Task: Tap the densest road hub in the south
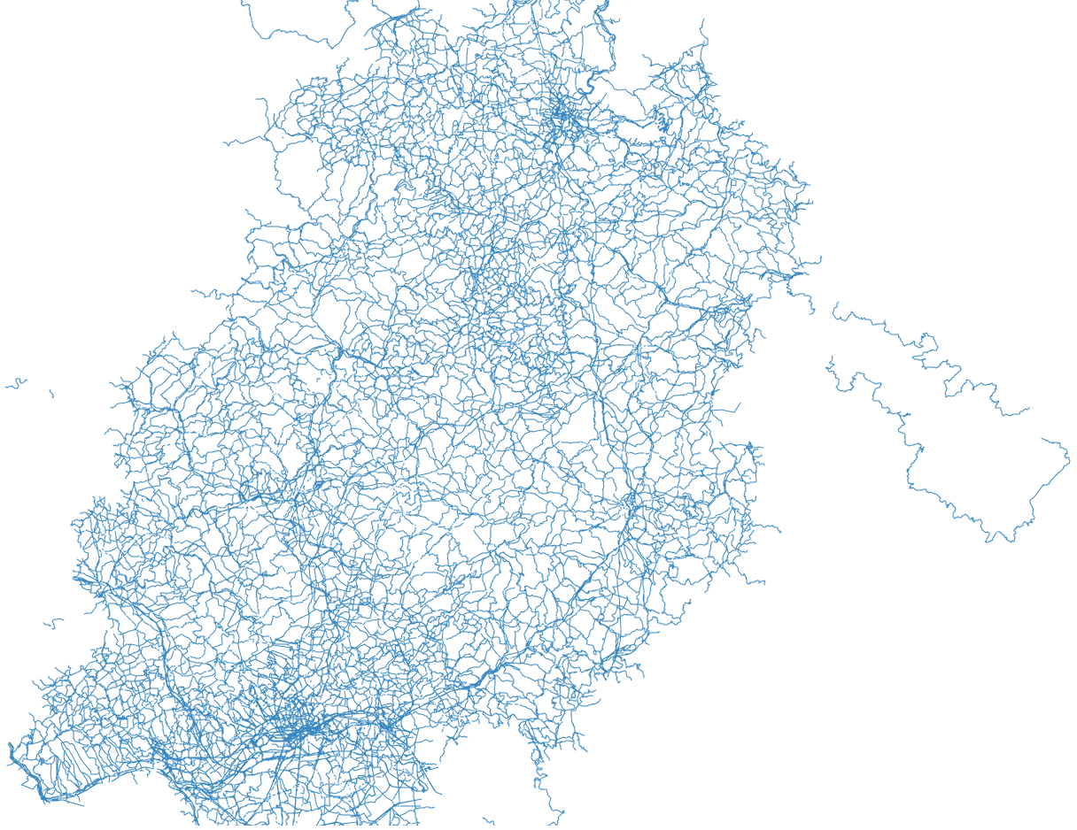pyautogui.click(x=297, y=730)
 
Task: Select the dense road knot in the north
pyautogui.click(x=561, y=112)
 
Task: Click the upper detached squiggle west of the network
pyautogui.click(x=15, y=384)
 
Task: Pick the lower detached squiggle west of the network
pyautogui.click(x=53, y=623)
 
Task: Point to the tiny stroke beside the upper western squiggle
pyautogui.click(x=50, y=393)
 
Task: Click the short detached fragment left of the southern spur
pyautogui.click(x=488, y=821)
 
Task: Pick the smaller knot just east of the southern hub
pyautogui.click(x=387, y=726)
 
